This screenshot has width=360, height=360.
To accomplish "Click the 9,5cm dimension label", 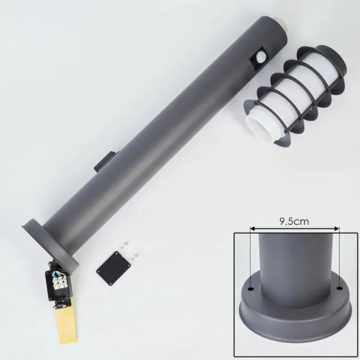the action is click(x=294, y=221).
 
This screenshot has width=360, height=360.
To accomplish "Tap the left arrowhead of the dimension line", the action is click(x=252, y=229).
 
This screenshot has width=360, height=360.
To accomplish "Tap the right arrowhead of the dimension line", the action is click(x=337, y=229).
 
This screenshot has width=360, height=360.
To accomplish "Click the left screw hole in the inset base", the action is click(x=252, y=288).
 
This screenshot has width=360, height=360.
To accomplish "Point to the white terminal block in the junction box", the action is click(x=59, y=283).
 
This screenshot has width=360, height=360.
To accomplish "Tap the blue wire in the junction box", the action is click(x=54, y=274).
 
